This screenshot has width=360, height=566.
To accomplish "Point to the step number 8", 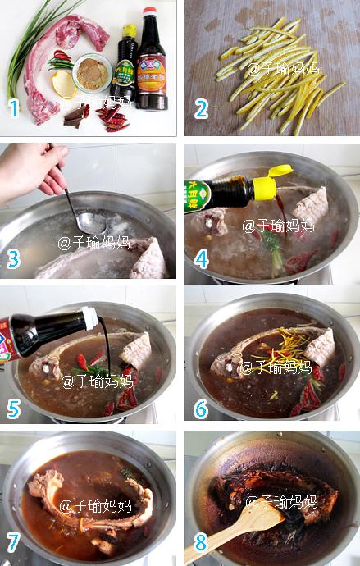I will pos(199,543).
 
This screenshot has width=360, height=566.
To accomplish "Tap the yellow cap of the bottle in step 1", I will pos(129,31).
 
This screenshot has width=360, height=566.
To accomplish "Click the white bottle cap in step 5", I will pos(89,313).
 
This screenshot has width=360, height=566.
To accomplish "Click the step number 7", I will pos(14,543).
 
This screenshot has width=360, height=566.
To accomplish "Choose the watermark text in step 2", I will pos(283,67).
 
